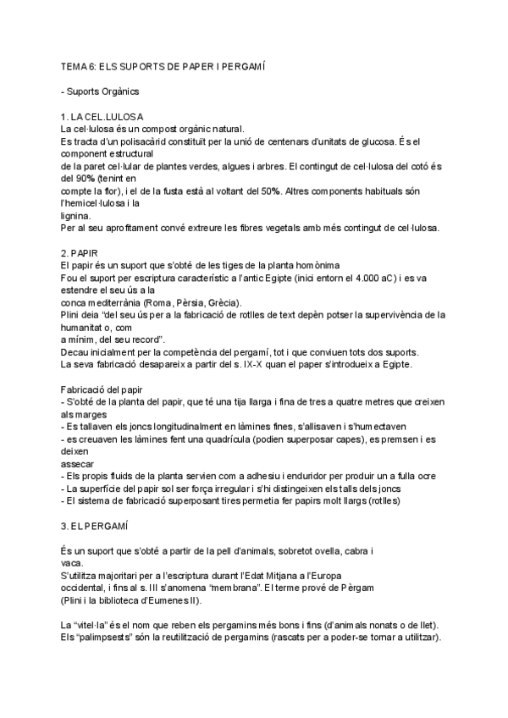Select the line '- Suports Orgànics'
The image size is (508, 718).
95,90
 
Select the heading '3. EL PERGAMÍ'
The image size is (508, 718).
94,526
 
